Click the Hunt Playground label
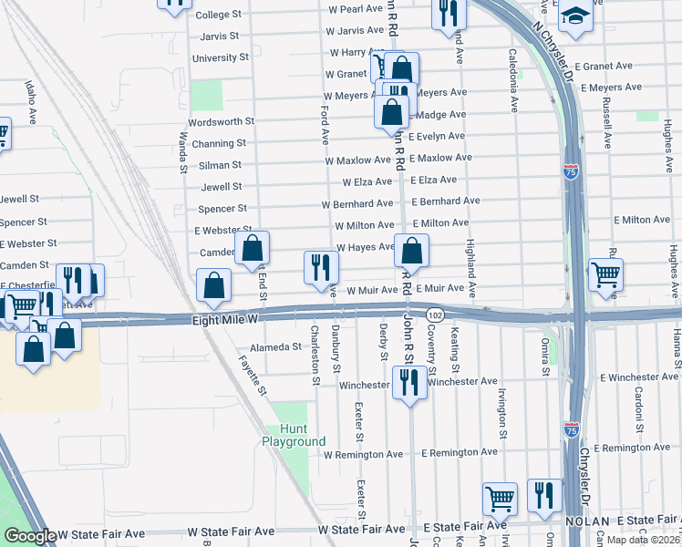tap(294, 435)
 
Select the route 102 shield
tap(436, 315)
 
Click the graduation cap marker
tap(575, 17)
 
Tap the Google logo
tap(29, 536)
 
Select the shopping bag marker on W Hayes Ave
tap(411, 251)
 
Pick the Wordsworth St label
tap(221, 121)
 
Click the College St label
tap(218, 15)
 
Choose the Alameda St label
tap(275, 347)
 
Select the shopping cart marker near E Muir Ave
tap(605, 273)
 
